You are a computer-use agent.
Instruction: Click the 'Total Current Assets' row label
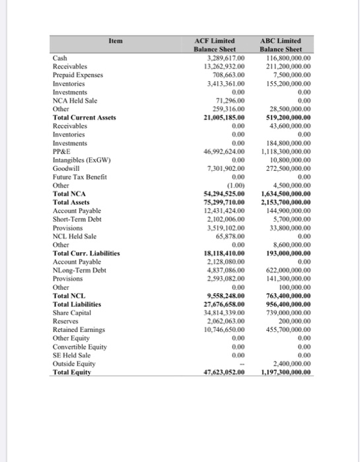(x=84, y=117)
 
